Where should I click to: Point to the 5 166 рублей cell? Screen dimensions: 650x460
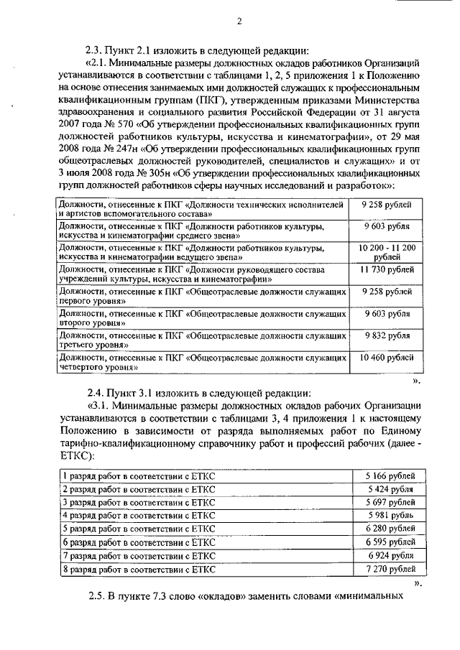[389, 476]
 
